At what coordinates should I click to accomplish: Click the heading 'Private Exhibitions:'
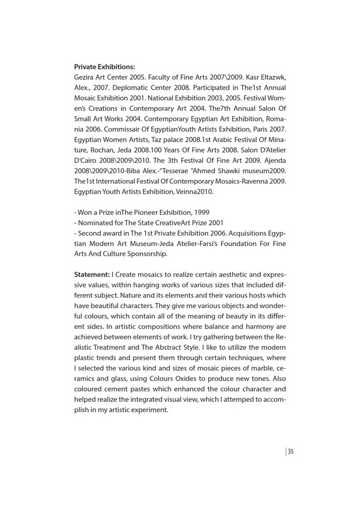[105, 67]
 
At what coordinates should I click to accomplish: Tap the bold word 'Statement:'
[92, 274]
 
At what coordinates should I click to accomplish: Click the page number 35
[291, 451]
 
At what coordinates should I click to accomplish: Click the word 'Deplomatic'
[130, 88]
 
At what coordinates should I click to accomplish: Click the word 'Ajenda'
[274, 161]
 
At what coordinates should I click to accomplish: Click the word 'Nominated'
[97, 223]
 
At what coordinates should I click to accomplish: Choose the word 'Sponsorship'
[147, 254]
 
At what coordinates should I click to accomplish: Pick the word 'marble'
[255, 368]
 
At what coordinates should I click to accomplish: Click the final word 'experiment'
[149, 410]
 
